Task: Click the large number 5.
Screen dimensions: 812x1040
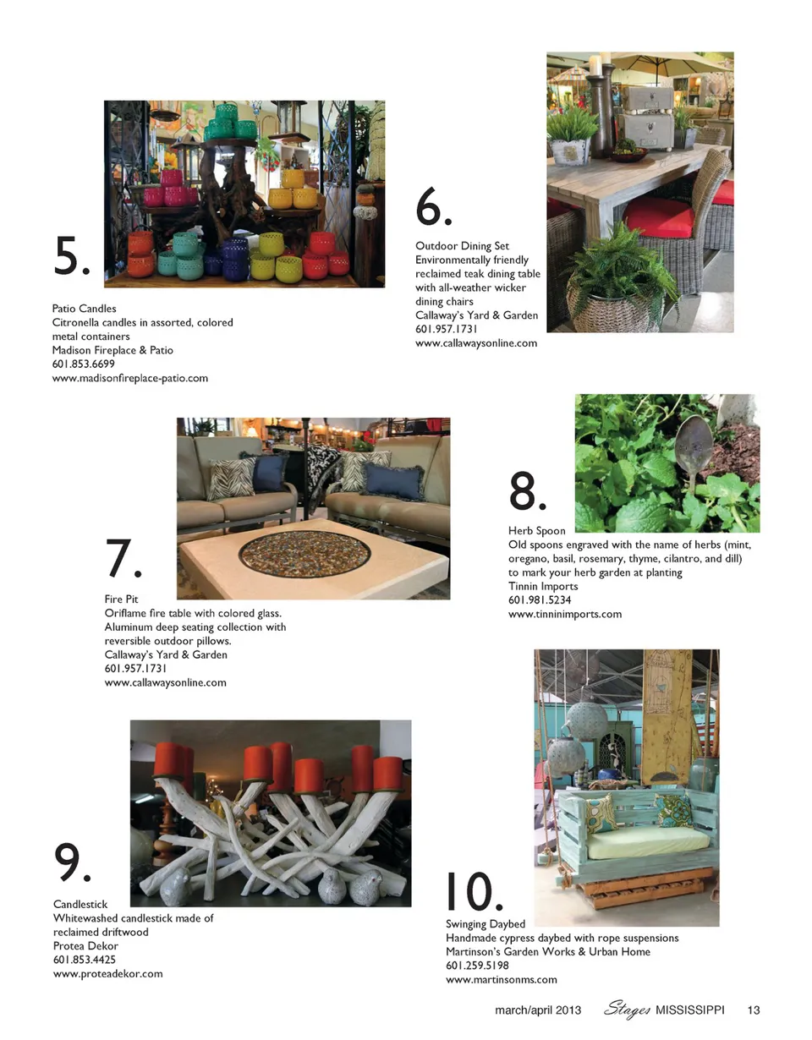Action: pyautogui.click(x=71, y=255)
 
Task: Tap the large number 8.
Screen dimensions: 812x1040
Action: pyautogui.click(x=527, y=490)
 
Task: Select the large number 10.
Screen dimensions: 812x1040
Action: pyautogui.click(x=474, y=891)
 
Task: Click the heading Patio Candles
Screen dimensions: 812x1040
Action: pyautogui.click(x=85, y=309)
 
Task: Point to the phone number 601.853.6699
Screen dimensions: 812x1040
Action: pyautogui.click(x=83, y=364)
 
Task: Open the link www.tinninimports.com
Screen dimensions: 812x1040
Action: pyautogui.click(x=565, y=614)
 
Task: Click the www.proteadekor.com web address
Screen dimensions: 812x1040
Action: pyautogui.click(x=107, y=973)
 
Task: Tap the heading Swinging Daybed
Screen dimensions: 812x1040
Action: pyautogui.click(x=486, y=923)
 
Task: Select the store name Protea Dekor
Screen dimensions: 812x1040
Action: pyautogui.click(x=85, y=945)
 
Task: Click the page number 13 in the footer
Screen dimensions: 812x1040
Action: pyautogui.click(x=753, y=1010)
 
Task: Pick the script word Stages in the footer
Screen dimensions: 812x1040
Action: pyautogui.click(x=627, y=1010)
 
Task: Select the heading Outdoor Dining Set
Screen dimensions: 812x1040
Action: pyautogui.click(x=462, y=246)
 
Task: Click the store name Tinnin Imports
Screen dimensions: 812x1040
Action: pyautogui.click(x=543, y=586)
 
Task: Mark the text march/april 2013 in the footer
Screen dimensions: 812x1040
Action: pyautogui.click(x=538, y=1010)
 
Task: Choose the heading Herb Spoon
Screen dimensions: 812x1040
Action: pyautogui.click(x=537, y=531)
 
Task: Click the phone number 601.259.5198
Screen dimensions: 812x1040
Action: pyautogui.click(x=477, y=966)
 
